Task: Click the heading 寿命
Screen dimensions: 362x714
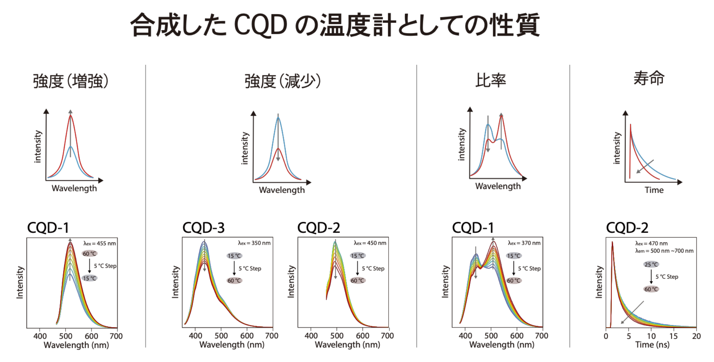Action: tap(648, 78)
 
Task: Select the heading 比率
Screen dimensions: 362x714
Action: tap(490, 81)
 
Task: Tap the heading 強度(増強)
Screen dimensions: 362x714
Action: tap(71, 81)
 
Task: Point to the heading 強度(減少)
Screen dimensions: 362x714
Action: tap(283, 81)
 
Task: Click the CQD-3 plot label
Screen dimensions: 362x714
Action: tap(203, 228)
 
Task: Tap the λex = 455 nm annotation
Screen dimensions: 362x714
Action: tap(100, 243)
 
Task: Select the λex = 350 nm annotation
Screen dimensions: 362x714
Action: tap(254, 243)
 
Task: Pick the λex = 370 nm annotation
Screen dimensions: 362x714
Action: tap(524, 243)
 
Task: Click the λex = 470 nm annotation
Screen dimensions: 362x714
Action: tap(652, 243)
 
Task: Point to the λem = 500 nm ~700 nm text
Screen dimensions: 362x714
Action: tap(664, 251)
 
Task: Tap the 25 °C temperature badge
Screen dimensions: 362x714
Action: tap(651, 264)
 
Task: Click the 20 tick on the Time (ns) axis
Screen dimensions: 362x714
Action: tap(696, 336)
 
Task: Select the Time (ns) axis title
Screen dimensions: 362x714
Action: tap(652, 345)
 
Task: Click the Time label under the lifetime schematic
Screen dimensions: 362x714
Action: tap(654, 190)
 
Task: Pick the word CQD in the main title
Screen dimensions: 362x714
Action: tap(260, 25)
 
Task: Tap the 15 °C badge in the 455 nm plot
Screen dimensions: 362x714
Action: tap(90, 278)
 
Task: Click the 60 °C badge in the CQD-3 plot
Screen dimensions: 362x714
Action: tap(234, 280)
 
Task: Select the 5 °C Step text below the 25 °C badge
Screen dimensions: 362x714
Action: tap(667, 277)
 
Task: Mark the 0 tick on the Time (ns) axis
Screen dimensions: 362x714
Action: tap(606, 336)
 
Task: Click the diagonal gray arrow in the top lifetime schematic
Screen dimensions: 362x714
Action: tap(645, 166)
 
